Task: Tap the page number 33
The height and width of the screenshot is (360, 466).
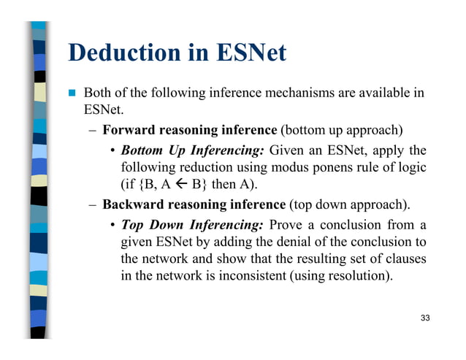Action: coord(425,318)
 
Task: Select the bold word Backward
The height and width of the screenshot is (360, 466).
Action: coord(131,204)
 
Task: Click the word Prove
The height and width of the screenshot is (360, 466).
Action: coord(287,223)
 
